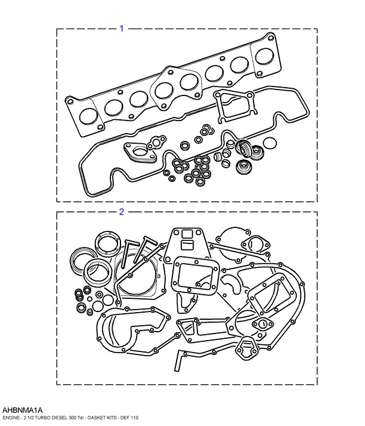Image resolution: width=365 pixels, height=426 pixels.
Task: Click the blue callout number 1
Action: coord(122,28)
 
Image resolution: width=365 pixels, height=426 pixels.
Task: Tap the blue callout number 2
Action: coord(122,212)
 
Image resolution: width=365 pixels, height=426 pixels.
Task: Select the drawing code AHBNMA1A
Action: coord(22,410)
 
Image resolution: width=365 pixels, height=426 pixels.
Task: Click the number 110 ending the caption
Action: coord(135,418)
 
